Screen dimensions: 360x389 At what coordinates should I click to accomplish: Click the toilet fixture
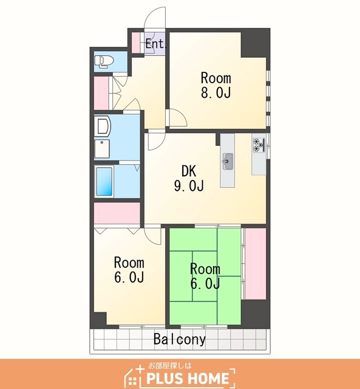coord(104,61)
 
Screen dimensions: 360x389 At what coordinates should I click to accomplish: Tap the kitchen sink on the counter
coord(228,161)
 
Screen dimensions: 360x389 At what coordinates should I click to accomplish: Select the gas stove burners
coord(259,145)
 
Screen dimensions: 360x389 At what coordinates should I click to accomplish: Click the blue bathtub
coord(104,182)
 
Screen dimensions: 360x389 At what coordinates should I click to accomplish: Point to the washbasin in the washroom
coord(103,126)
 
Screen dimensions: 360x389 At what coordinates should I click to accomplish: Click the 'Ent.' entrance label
coord(155,44)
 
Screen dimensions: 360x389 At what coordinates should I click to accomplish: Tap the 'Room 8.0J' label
coord(216,86)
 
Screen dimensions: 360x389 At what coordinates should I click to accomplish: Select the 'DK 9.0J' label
coord(189,178)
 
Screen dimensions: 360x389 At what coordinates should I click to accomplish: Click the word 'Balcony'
coord(180,339)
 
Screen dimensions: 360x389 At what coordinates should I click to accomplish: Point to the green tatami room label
coord(205,276)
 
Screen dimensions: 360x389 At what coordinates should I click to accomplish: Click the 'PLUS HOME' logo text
coord(188,378)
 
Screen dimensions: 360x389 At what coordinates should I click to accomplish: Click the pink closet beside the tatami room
coord(255,264)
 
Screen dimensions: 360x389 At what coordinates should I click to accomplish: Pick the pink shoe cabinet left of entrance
coord(135,43)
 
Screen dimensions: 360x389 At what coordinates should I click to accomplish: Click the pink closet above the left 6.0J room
coord(117,213)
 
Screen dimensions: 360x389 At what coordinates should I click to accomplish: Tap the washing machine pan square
coord(102,149)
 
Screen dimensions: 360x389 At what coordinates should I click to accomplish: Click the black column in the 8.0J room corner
coord(255,43)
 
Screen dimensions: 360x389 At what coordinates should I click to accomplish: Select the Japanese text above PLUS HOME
coord(170,365)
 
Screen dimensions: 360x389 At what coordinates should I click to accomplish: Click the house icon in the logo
coord(133,377)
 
